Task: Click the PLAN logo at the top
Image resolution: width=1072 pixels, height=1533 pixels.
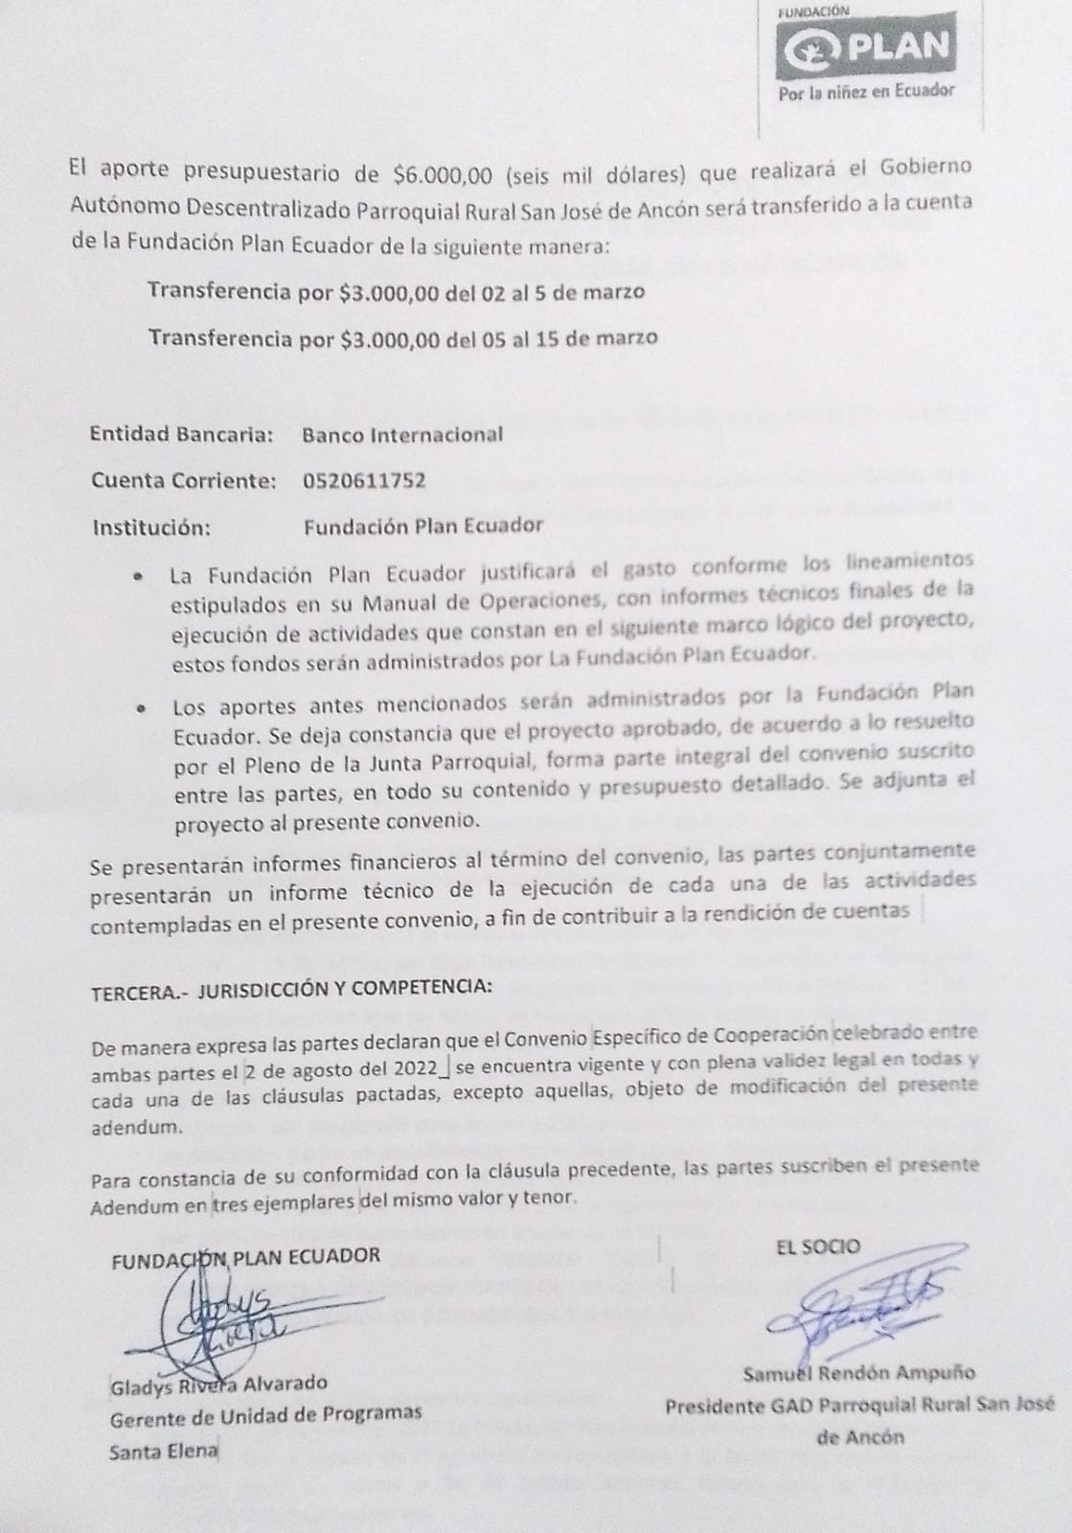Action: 866,45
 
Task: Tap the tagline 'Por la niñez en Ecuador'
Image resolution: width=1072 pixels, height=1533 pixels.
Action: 867,91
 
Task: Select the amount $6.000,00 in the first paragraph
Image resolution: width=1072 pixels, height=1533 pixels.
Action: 443,174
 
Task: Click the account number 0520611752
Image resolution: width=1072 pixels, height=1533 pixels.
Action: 364,480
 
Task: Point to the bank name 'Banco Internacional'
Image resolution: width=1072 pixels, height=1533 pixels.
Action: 402,434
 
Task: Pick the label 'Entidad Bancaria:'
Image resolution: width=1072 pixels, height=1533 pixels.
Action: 182,434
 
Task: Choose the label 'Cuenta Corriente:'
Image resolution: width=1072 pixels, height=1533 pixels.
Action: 184,480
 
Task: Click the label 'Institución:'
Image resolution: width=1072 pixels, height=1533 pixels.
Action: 150,526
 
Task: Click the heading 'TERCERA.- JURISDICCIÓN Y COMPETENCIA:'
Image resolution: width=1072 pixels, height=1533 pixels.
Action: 292,991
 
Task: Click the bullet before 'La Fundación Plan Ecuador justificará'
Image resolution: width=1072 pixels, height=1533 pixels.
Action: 140,579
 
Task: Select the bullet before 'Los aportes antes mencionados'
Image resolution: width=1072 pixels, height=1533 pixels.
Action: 141,710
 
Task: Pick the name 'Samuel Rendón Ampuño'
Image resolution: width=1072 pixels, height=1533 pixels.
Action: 859,1373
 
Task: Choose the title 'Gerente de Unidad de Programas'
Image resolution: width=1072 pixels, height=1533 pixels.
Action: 266,1413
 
